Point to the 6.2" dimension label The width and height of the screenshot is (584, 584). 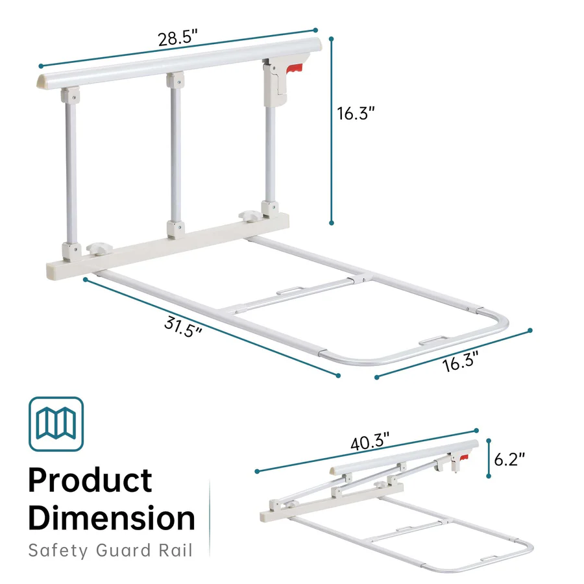[509, 459]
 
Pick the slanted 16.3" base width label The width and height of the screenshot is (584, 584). [461, 361]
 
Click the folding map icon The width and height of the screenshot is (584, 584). [56, 424]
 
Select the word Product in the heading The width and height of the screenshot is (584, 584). [90, 481]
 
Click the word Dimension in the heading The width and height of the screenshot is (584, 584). [111, 518]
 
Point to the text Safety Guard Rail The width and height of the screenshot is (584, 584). [110, 551]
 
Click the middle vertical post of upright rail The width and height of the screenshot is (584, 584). [175, 156]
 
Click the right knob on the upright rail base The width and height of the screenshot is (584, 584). [249, 213]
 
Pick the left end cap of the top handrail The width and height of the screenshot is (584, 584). [40, 82]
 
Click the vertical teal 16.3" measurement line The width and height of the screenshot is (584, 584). [332, 130]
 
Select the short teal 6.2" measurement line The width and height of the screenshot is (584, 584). [487, 459]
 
